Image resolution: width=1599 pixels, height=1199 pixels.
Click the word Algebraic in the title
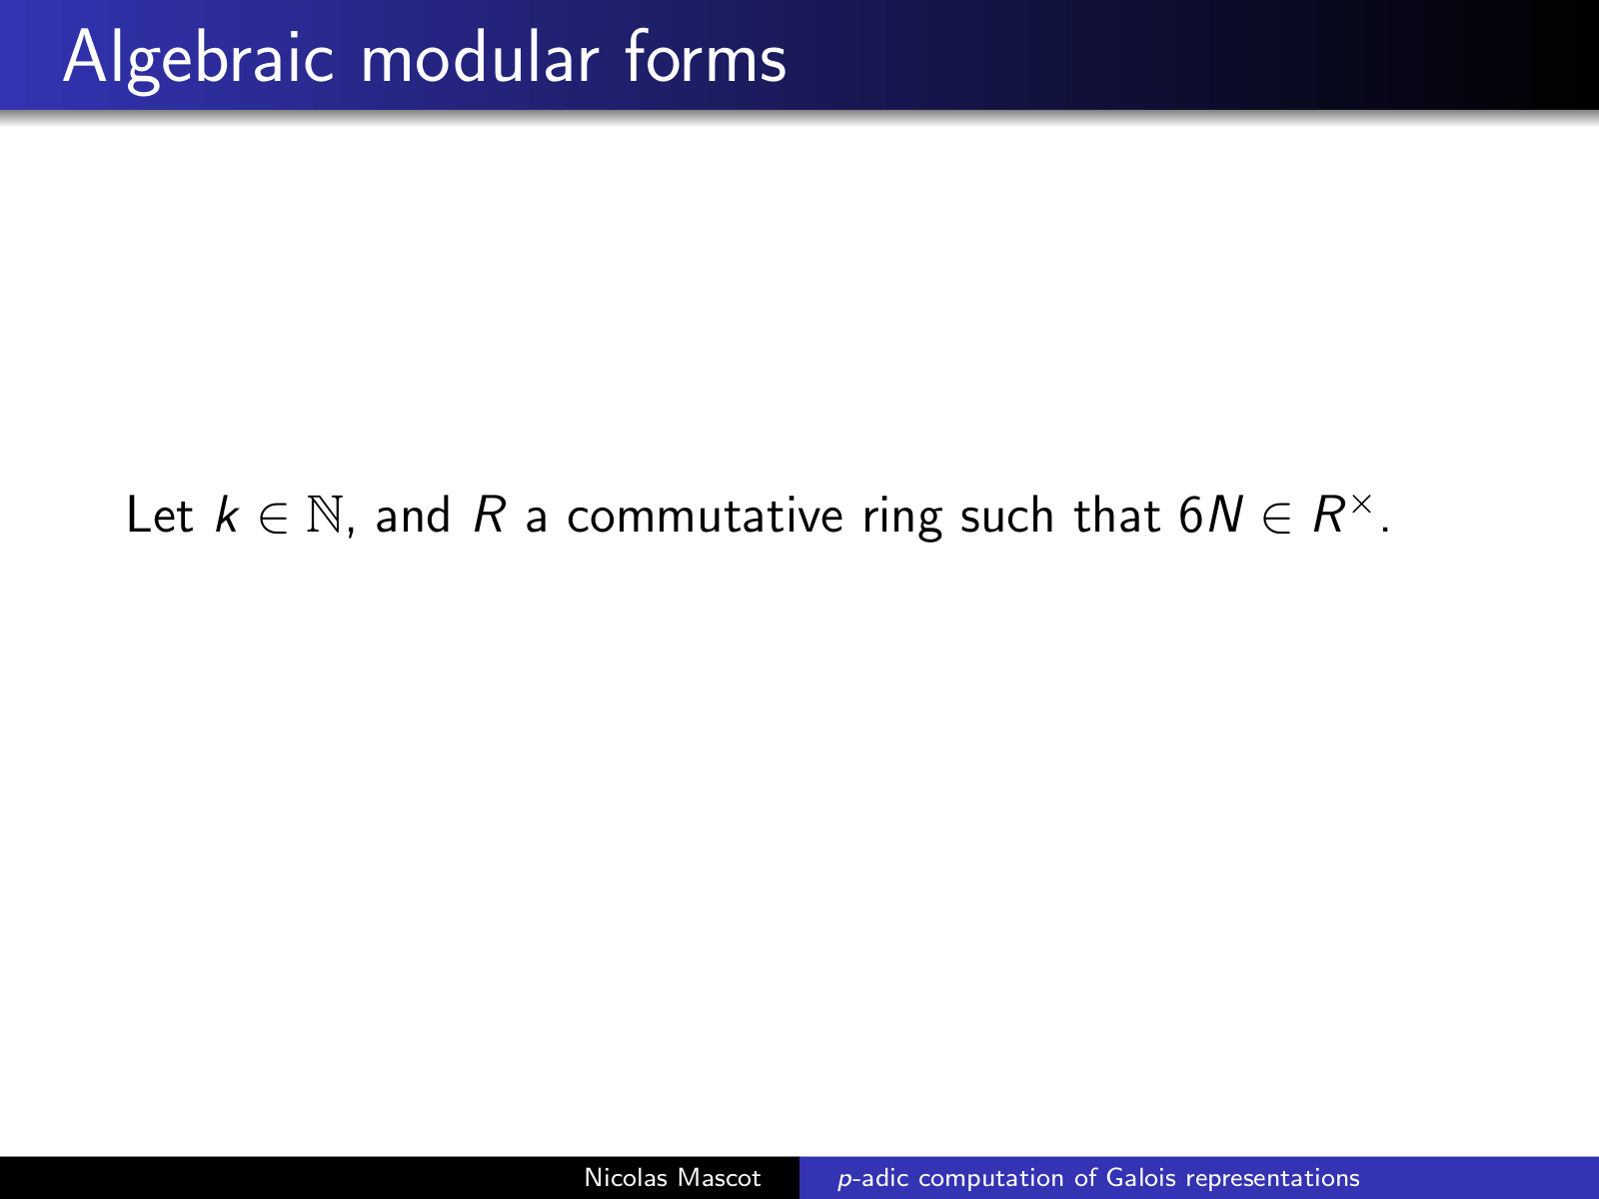(198, 60)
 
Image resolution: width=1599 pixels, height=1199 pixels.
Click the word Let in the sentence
(160, 515)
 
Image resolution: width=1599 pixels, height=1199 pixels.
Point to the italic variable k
(227, 515)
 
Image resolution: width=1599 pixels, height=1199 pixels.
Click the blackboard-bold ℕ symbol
(324, 515)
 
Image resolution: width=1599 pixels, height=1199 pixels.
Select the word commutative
(706, 516)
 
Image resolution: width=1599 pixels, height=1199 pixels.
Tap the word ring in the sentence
(901, 519)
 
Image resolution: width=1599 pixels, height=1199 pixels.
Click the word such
(1007, 515)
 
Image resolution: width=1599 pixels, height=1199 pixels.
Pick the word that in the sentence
(1116, 515)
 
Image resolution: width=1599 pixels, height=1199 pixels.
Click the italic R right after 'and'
(489, 515)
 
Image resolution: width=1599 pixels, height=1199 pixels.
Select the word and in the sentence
(413, 515)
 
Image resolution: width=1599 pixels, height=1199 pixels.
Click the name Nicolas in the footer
(626, 1178)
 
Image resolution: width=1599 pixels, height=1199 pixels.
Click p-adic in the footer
(873, 1179)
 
